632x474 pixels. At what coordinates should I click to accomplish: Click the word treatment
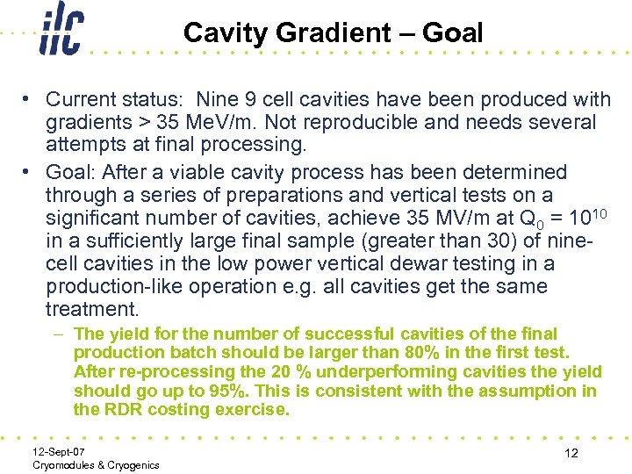pos(90,309)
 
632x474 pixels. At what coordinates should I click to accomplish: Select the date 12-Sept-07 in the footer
pos(60,450)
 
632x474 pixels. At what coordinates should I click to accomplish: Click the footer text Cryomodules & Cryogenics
pos(96,464)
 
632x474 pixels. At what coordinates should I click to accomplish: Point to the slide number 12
pos(571,453)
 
